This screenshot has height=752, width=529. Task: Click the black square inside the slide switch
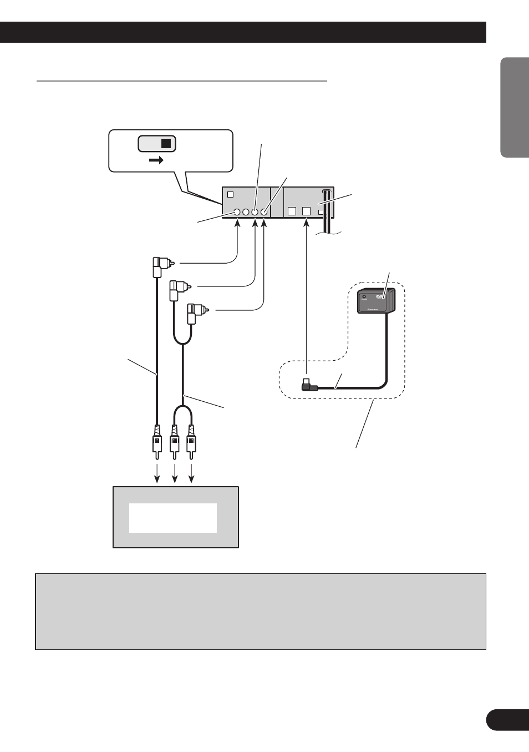tap(166, 144)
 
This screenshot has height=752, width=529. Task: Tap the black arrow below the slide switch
tap(157, 160)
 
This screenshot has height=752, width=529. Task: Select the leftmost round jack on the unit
tap(237, 212)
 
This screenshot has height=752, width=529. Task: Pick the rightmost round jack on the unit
tap(264, 212)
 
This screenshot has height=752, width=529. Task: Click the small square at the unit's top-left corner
tap(231, 195)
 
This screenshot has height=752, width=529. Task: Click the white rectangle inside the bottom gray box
tap(173, 518)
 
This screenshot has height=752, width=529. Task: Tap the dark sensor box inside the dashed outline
tap(376, 301)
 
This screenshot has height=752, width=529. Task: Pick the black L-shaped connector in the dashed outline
tap(309, 385)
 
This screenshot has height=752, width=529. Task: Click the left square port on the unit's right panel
tap(292, 211)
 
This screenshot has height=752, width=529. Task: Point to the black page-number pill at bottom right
tap(507, 720)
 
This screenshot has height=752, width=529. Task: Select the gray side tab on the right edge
tap(514, 107)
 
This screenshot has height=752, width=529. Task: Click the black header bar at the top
tap(243, 32)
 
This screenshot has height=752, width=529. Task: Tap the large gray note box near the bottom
tap(261, 611)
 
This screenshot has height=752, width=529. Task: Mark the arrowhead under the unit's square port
tap(307, 224)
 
